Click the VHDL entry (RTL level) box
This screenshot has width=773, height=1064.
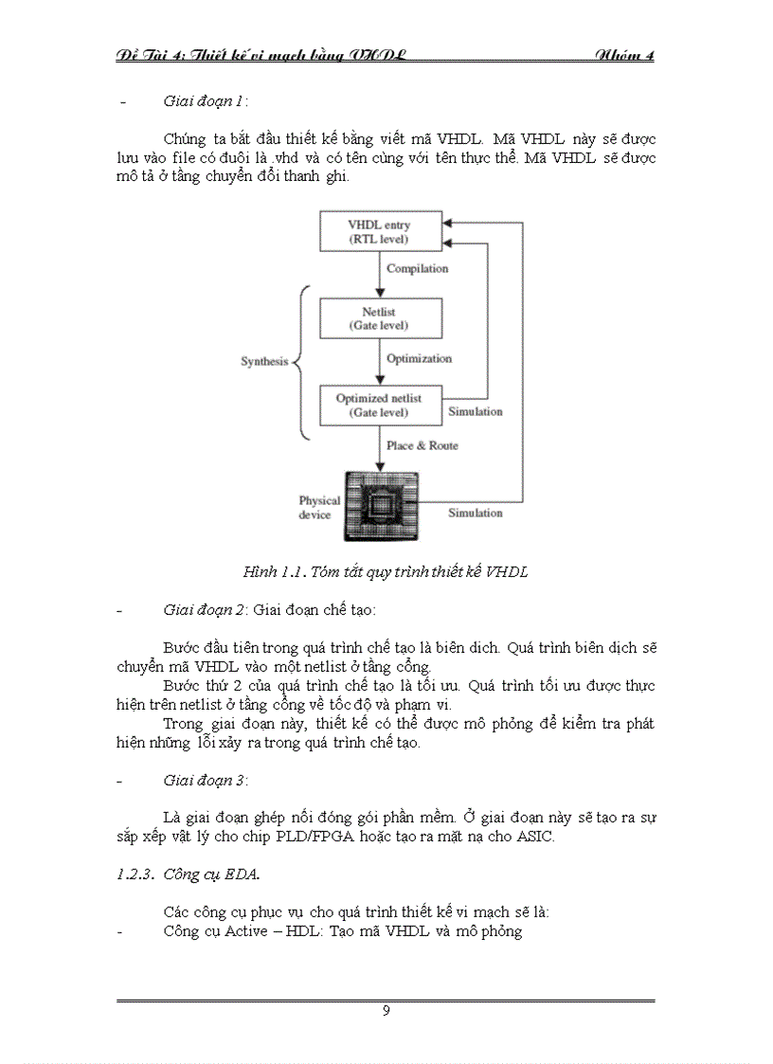pos(381,230)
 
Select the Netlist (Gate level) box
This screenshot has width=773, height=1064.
pos(381,319)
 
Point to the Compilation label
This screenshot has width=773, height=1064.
pos(417,269)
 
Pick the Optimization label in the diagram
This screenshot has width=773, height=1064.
pos(419,359)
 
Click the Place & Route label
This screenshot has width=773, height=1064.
pos(422,445)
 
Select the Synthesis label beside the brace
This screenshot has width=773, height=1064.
pos(263,362)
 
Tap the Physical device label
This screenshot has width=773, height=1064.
pos(319,508)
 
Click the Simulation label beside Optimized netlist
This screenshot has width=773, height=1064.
pos(476,412)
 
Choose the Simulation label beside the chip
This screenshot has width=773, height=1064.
pos(476,513)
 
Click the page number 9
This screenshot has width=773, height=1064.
pos(386,1010)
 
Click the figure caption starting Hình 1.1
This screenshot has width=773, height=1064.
pos(386,572)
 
